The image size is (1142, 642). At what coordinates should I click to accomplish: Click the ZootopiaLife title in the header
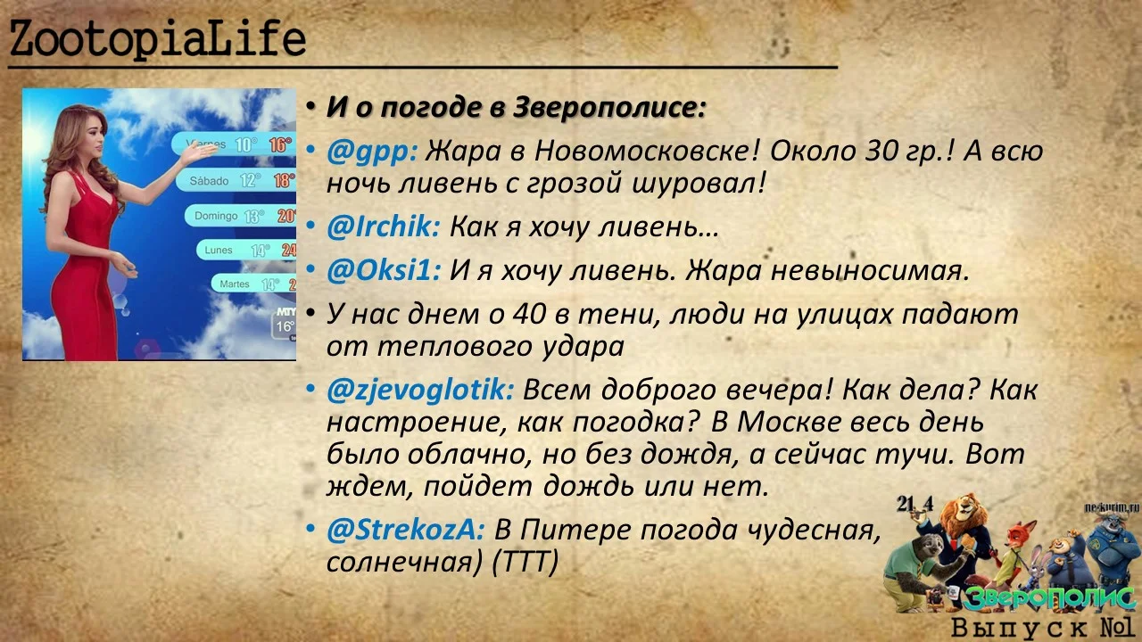pos(158,39)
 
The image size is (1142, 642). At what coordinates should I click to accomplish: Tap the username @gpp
pos(371,152)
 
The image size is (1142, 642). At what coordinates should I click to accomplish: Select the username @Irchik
pos(383,227)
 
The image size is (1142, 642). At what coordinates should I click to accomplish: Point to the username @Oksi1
pos(383,270)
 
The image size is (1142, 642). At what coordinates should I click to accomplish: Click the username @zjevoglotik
pos(419,391)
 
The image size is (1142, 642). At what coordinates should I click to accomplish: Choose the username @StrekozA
pos(405,531)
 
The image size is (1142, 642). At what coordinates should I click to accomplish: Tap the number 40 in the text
pos(531,314)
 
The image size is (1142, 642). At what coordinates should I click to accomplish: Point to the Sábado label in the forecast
pos(209,181)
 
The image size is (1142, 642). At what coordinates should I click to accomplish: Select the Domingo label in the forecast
pos(216,216)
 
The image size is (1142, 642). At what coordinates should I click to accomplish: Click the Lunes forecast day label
pos(219,251)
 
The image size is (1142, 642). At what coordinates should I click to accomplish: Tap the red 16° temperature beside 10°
pos(280,144)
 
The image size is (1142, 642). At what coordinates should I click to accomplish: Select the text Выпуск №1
pos(1042,627)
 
